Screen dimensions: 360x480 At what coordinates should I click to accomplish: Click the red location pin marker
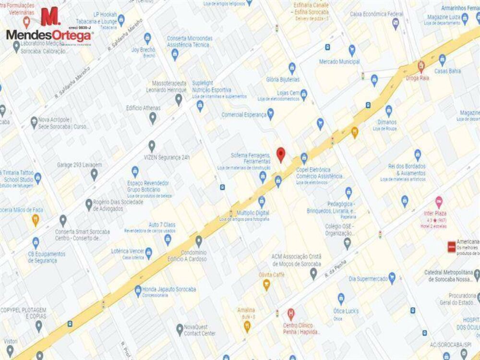coord(281,155)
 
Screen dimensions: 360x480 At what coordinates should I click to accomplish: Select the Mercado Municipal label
coord(339,62)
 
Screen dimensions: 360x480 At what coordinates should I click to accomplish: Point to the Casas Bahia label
coord(447,71)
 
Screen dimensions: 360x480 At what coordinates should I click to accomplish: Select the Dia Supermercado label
coord(368,279)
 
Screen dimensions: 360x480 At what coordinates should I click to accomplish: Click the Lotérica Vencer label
coord(127,251)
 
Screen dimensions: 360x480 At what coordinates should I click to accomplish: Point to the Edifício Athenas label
coord(143,108)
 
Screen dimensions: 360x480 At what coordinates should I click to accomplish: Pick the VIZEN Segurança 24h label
coord(167,157)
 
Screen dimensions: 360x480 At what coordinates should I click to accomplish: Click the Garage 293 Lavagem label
coord(79,165)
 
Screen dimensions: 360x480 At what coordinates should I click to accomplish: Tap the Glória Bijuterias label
coord(283,79)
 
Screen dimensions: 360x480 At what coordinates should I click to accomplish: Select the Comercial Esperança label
coord(244,115)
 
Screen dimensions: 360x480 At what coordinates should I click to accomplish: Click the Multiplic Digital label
coord(249,213)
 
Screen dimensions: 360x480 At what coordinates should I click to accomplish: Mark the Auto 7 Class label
coord(162,225)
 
